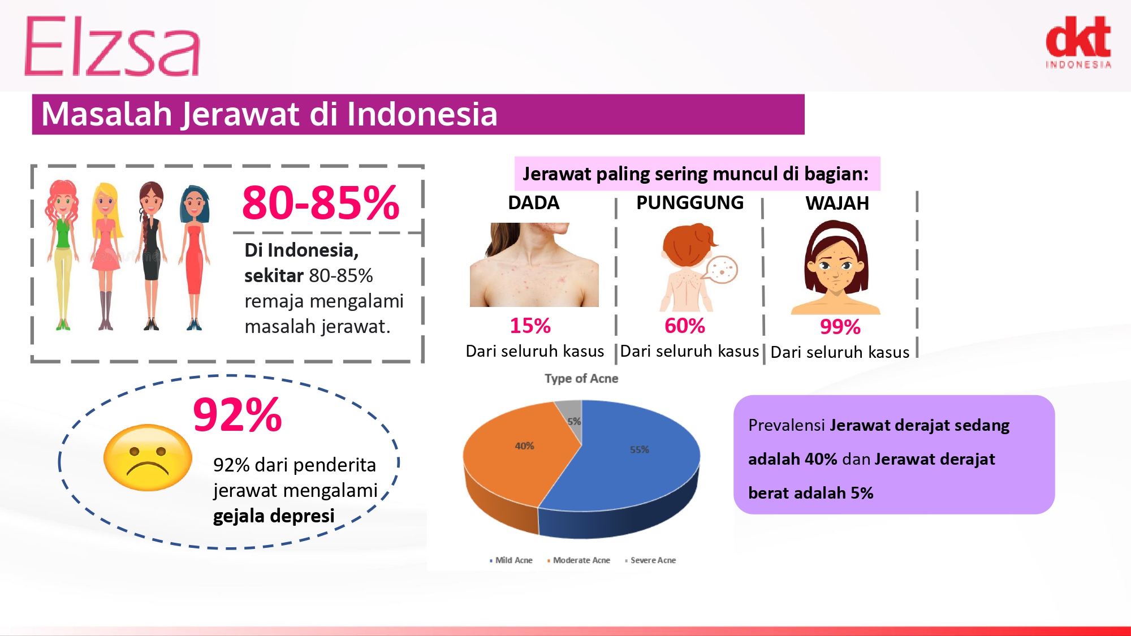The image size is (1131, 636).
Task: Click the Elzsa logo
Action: tap(112, 46)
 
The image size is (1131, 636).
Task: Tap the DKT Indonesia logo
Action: tap(1078, 42)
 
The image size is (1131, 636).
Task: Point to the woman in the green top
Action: tap(62, 254)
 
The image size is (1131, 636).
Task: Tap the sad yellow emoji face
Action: tap(148, 457)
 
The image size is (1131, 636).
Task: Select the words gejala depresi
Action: tap(274, 516)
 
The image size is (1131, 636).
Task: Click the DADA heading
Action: tap(534, 202)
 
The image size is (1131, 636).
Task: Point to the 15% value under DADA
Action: tap(530, 326)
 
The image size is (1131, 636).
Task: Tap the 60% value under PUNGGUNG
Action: tap(685, 326)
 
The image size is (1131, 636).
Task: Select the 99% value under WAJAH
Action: tap(840, 327)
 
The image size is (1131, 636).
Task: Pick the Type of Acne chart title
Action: tap(581, 379)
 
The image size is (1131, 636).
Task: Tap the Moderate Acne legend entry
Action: tap(579, 560)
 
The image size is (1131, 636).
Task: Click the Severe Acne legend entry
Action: tap(650, 560)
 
